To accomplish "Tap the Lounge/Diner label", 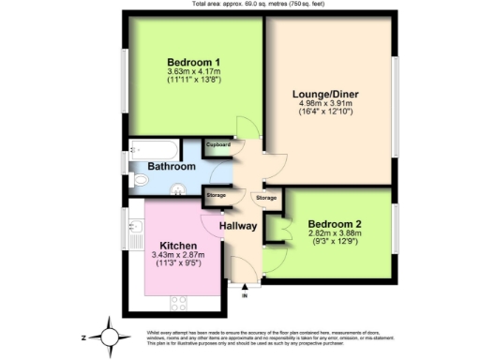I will point(325,95).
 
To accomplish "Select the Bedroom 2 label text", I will point(335,225).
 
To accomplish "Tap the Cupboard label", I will point(218,145).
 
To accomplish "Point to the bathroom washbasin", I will point(176,187).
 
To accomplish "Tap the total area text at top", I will point(239,4).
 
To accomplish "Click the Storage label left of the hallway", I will point(217,195).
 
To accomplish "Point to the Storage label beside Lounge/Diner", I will point(266,198).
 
